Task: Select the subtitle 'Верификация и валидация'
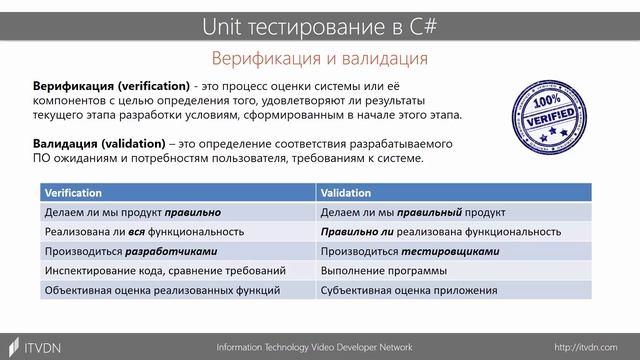coord(320,58)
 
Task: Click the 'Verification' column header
coord(74,193)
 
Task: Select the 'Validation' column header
coord(347,193)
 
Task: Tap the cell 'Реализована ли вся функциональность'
coord(130,232)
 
